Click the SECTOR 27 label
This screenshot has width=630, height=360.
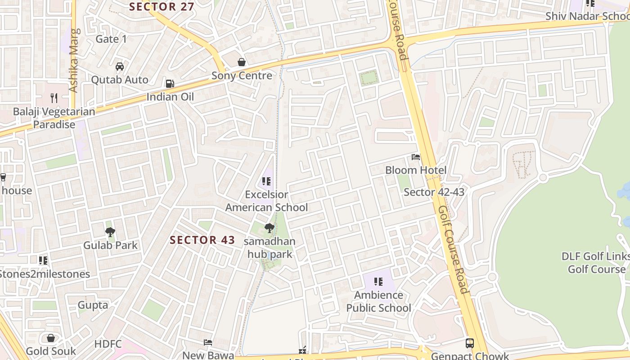[162, 7]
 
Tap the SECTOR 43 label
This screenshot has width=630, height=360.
[202, 240]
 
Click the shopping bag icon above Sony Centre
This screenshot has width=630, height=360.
[242, 62]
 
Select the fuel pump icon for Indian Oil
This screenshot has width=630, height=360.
[170, 83]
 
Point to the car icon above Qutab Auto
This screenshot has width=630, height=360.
[119, 67]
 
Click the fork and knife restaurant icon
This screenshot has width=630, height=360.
[54, 97]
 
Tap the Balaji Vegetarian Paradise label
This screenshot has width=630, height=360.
[54, 118]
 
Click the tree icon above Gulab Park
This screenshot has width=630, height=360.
[110, 232]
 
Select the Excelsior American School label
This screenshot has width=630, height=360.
[266, 201]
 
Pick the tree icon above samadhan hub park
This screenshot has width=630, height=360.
[270, 228]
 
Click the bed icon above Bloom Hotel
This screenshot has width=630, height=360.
[416, 157]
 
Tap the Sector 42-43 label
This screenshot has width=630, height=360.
[434, 192]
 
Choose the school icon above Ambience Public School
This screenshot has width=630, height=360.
[378, 282]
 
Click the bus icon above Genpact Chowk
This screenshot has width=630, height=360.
[470, 343]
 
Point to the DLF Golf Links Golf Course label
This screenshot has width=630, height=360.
[596, 263]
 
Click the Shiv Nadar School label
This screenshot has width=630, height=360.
[587, 16]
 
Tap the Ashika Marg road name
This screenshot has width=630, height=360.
[74, 61]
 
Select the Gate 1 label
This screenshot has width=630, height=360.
[111, 39]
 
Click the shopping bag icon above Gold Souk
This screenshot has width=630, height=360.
[51, 337]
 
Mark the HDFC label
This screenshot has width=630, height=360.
[108, 344]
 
